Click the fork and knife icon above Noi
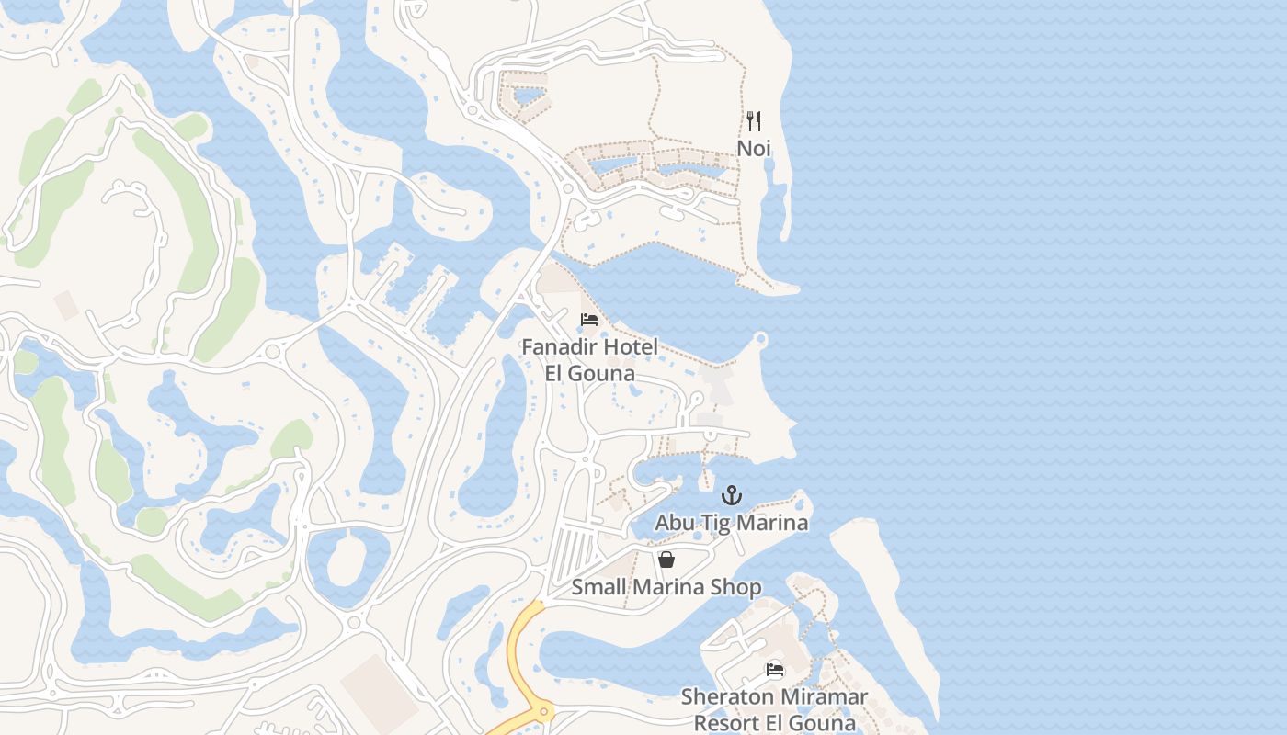pyautogui.click(x=754, y=121)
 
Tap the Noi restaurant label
pyautogui.click(x=754, y=148)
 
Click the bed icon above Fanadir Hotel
pyautogui.click(x=589, y=320)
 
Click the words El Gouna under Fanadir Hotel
pyautogui.click(x=589, y=374)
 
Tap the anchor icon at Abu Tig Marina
pyautogui.click(x=731, y=496)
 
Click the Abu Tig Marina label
pyautogui.click(x=731, y=523)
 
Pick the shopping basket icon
pyautogui.click(x=666, y=559)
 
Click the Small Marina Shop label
pyautogui.click(x=666, y=586)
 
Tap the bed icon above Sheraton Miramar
pyautogui.click(x=775, y=670)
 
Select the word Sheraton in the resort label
pyautogui.click(x=724, y=697)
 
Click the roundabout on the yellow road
pyautogui.click(x=543, y=710)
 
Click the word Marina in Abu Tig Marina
pyautogui.click(x=778, y=523)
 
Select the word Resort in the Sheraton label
pyautogui.click(x=725, y=723)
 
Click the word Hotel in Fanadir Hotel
pyautogui.click(x=631, y=347)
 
